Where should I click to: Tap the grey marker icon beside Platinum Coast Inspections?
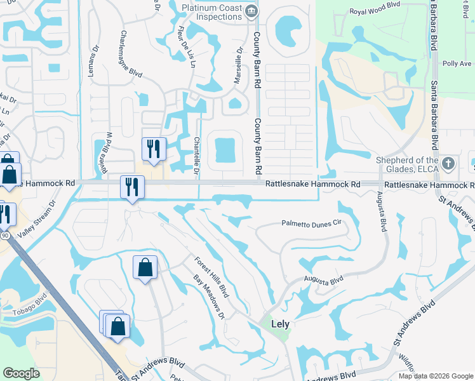252,10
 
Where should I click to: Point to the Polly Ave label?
457,64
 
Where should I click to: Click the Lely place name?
280,324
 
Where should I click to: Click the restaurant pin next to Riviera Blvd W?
154,149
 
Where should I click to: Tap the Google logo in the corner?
22,373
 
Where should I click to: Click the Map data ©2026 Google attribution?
436,376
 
